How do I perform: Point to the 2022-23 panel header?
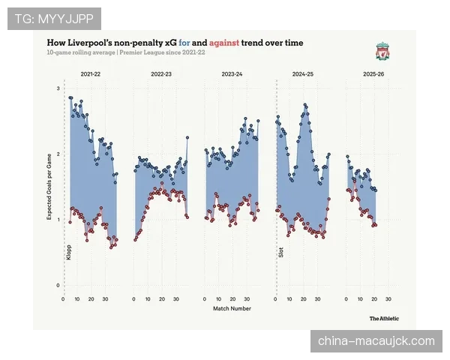[160, 75]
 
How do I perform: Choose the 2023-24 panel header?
[232, 75]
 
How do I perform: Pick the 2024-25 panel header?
[302, 75]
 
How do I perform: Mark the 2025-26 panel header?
[373, 75]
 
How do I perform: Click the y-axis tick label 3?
[58, 89]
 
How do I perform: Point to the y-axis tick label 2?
[58, 154]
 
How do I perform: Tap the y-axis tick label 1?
[58, 220]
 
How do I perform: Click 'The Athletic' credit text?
[383, 319]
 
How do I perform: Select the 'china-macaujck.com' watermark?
[376, 341]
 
